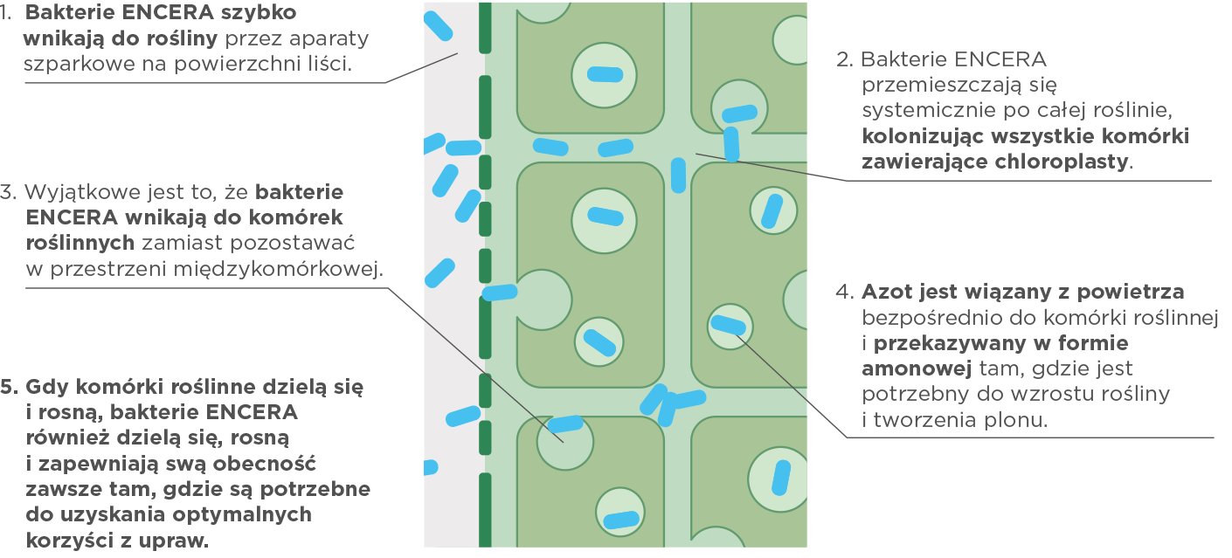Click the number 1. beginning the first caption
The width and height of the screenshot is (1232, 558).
(7, 14)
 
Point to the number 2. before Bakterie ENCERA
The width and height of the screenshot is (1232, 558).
(844, 60)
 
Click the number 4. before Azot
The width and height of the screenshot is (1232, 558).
(844, 291)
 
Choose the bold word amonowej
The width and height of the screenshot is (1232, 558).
(899, 368)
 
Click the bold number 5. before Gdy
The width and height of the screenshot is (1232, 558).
(10, 386)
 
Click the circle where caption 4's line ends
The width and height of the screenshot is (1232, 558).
(730, 325)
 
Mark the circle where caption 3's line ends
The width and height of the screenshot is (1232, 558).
(564, 441)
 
